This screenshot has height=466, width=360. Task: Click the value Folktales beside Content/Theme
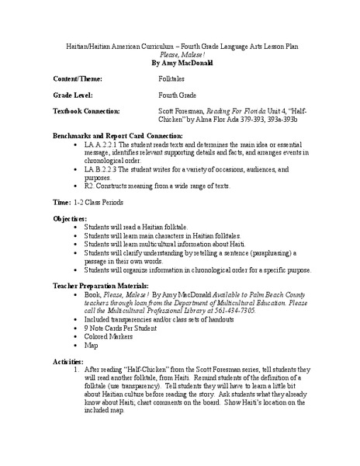[x=173, y=80]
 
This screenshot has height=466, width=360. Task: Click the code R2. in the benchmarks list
[x=99, y=186]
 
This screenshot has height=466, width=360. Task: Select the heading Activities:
[x=69, y=361]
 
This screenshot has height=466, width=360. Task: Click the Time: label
[x=62, y=202]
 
